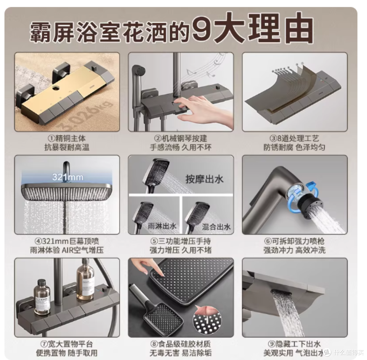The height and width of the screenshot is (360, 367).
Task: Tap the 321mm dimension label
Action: point(68,177)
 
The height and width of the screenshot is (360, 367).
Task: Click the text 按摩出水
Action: point(204,179)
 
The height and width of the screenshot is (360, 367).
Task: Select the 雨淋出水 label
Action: point(162,226)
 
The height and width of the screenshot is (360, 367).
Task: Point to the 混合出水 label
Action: point(216,227)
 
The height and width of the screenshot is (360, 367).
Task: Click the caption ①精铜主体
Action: point(67,138)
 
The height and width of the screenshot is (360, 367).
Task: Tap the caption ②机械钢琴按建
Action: point(181,138)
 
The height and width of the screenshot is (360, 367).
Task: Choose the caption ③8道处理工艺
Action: point(294,138)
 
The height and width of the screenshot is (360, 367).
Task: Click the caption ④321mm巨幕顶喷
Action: point(67,241)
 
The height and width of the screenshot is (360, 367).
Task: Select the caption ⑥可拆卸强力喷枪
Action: point(294,241)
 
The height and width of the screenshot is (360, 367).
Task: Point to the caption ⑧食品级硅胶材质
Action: point(181,344)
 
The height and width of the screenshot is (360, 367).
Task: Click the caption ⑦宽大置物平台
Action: point(67,344)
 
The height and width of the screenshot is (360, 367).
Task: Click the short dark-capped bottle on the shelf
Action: point(42,296)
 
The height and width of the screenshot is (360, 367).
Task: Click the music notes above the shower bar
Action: point(206,66)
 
